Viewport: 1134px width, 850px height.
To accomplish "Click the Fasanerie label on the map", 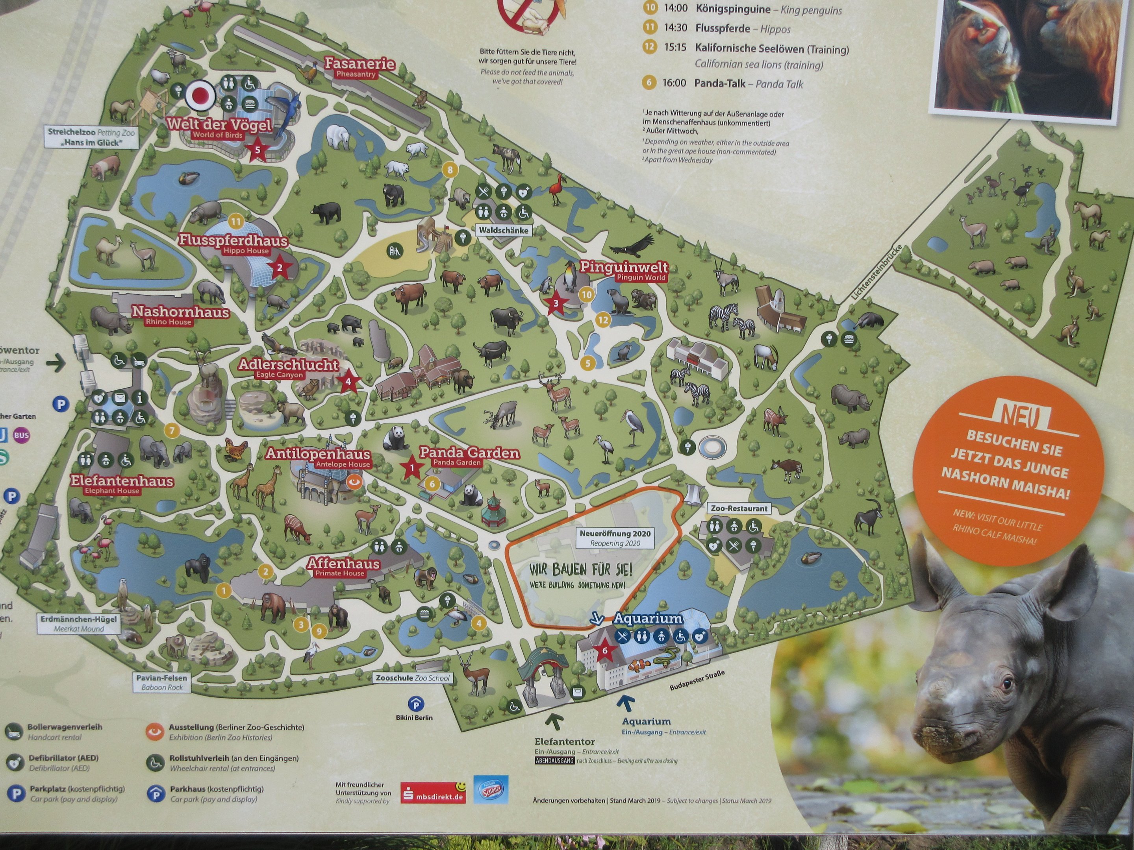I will (359, 65).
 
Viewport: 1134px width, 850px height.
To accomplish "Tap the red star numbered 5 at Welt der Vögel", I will (258, 150).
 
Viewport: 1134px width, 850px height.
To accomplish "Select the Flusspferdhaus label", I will (233, 241).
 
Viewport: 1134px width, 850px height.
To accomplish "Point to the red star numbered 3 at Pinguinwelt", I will (556, 303).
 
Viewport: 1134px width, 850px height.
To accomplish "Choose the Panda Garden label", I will (469, 453).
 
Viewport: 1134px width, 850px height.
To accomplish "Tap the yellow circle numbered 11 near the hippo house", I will (236, 222).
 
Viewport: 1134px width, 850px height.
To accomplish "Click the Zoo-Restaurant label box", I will (739, 508).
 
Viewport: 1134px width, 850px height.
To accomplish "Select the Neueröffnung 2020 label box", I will (615, 538).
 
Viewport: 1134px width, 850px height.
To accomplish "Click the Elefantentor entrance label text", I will (564, 741).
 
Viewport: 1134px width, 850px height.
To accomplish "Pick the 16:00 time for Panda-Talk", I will (674, 83).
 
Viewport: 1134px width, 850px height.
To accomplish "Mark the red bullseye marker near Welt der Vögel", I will (200, 95).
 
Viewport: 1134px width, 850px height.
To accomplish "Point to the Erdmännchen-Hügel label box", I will (79, 623).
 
